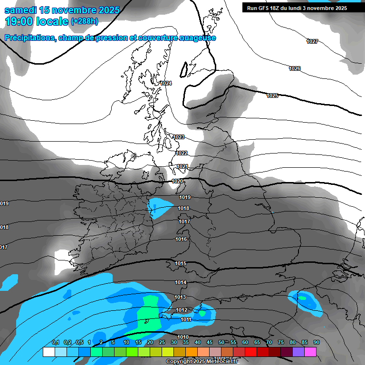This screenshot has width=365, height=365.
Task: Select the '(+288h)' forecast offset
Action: click(85, 21)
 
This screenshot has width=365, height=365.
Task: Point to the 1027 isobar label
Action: click(312, 42)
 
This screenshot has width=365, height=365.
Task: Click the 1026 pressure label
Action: click(295, 69)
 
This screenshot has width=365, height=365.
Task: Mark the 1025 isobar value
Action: click(272, 96)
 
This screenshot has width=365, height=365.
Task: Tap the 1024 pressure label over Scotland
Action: click(166, 84)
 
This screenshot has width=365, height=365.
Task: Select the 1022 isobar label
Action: click(182, 153)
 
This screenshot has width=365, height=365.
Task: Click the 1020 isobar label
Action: click(178, 182)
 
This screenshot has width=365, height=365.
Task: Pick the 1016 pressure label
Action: click(181, 240)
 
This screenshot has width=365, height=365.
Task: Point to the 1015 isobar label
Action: click(181, 264)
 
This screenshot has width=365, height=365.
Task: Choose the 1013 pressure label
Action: click(180, 297)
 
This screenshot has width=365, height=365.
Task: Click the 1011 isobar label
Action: click(186, 320)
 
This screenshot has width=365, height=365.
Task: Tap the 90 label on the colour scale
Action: click(316, 343)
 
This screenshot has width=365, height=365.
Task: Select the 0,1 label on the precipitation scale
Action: click(56, 343)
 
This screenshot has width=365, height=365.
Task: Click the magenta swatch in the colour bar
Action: click(310, 352)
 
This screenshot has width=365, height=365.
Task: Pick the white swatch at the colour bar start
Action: click(48, 352)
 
